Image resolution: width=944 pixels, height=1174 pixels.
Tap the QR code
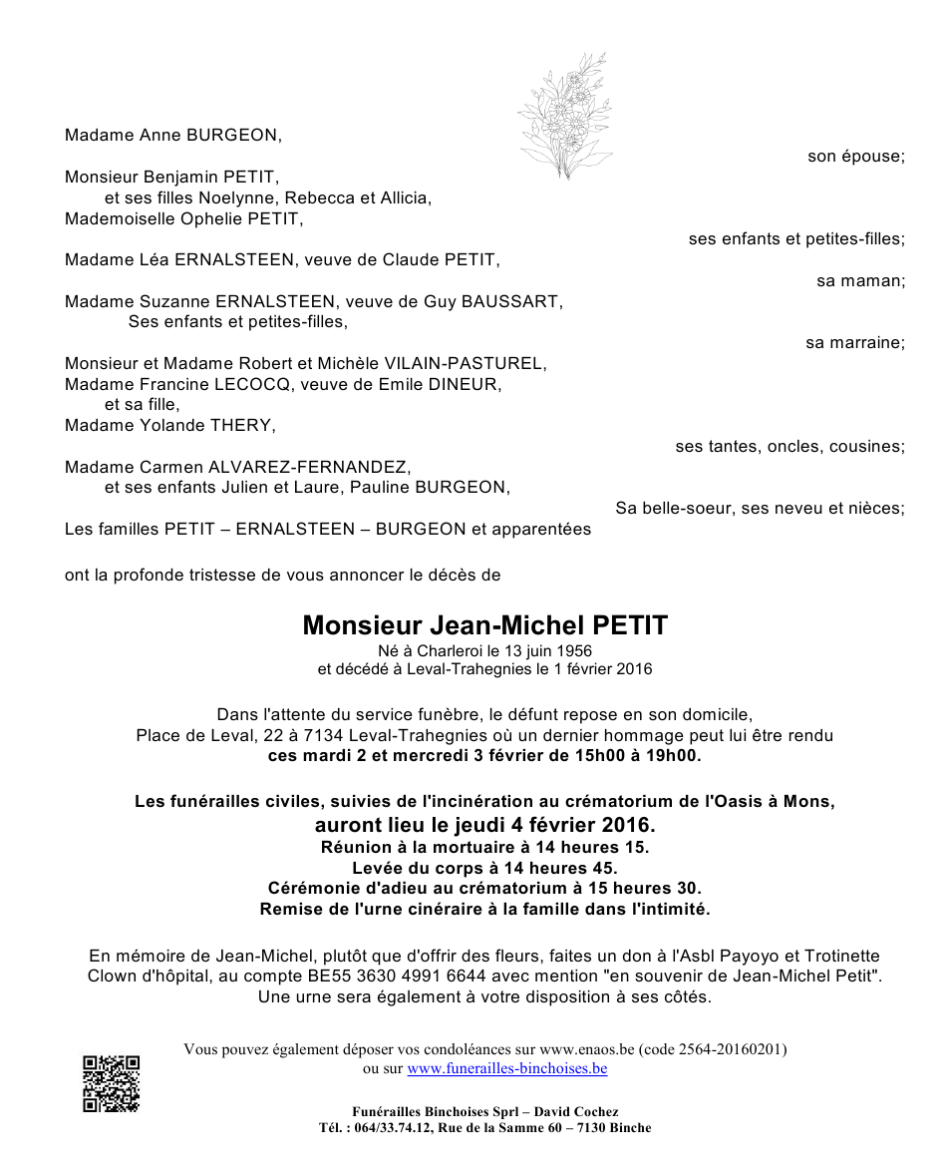tap(111, 1083)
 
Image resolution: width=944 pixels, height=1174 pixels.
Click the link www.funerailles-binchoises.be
tap(506, 1068)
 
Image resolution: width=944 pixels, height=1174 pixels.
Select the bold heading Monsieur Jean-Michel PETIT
tap(485, 625)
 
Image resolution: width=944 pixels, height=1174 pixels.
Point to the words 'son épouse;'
tap(855, 156)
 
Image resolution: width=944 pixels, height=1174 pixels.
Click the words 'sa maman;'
tap(860, 280)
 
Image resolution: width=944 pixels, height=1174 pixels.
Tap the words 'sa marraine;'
tap(854, 342)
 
